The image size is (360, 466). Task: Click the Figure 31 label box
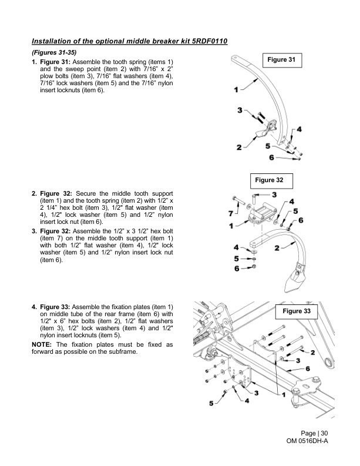coord(281,61)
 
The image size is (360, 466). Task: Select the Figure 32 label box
coord(270,179)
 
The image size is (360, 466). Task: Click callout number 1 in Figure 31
coord(236,90)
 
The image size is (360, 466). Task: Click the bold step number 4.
coord(34,307)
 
